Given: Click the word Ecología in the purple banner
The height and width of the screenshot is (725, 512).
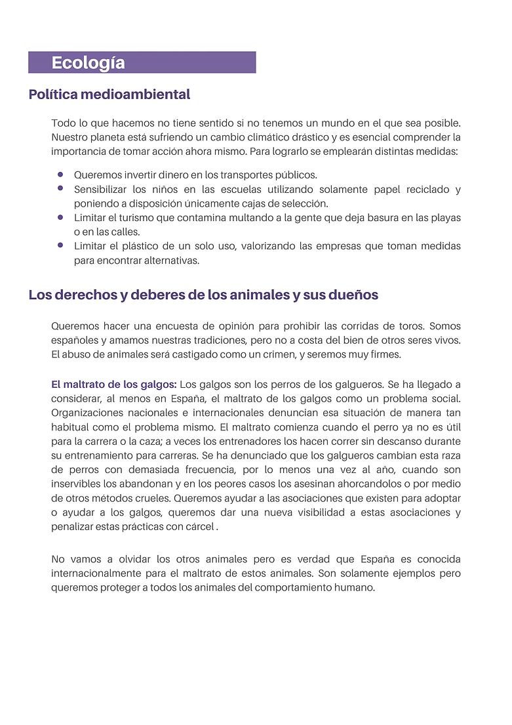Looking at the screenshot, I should (88, 63).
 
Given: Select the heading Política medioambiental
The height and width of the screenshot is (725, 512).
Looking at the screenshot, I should (109, 94).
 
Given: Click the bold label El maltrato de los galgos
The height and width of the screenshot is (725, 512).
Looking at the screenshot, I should (113, 384).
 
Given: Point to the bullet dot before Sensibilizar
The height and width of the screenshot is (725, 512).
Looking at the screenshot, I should (60, 188).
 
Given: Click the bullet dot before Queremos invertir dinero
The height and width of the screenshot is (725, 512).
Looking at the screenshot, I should (60, 175).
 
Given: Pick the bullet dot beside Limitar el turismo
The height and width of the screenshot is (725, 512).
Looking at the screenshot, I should (60, 217).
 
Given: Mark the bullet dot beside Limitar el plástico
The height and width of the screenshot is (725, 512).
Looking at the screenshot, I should (60, 245).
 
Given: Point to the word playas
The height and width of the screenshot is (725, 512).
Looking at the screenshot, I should (446, 218).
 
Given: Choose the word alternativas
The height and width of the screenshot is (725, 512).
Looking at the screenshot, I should (167, 260).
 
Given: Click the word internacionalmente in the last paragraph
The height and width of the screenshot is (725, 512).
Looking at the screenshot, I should (102, 573).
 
